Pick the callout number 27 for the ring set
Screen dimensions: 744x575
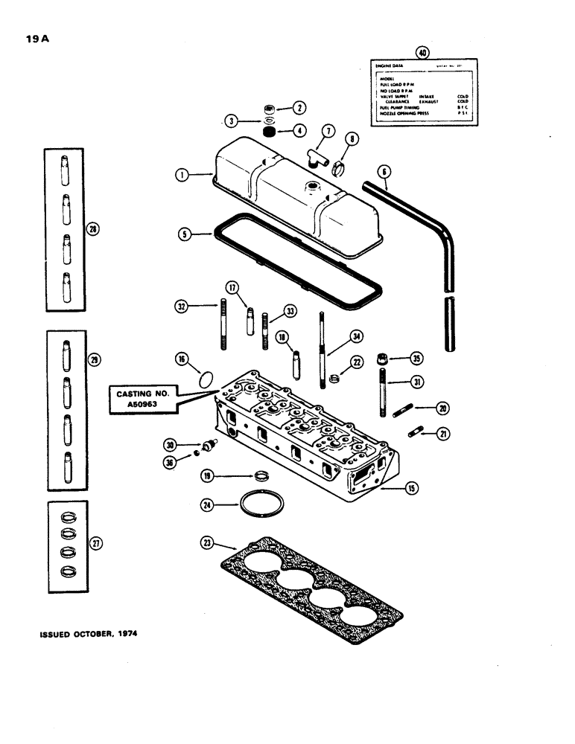94,543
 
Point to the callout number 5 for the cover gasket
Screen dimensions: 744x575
181,234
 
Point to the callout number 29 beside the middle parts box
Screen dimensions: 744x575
94,359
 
